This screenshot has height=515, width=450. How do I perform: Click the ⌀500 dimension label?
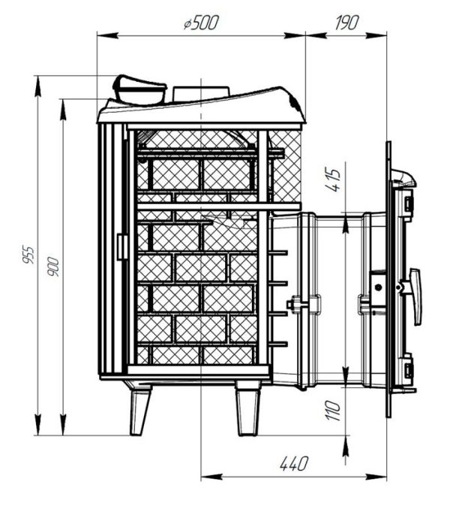pos(201,23)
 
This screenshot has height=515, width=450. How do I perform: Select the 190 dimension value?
pos(347,23)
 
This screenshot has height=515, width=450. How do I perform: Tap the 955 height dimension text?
pos(28,254)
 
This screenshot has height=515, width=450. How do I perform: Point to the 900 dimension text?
pos(53,267)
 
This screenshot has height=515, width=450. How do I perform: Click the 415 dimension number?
pos(333,180)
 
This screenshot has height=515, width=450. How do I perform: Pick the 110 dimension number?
pos(333,410)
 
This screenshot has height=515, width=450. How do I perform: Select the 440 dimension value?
pos(294,463)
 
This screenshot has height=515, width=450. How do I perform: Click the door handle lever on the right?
pos(415,297)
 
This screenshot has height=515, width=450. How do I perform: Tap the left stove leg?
pos(139,409)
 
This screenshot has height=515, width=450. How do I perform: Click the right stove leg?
pos(248,408)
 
